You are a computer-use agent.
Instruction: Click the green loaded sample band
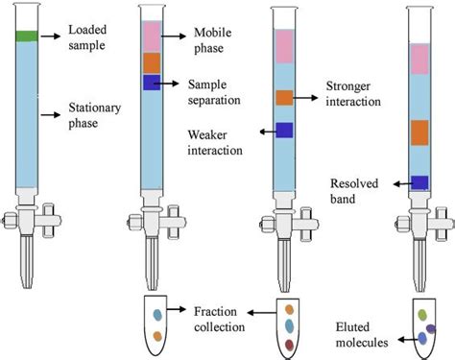click(26, 36)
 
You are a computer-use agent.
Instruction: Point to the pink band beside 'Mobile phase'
click(152, 36)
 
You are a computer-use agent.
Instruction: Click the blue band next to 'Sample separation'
click(152, 83)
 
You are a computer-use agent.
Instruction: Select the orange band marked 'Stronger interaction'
click(284, 97)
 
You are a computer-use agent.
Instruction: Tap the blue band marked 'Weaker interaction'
click(284, 130)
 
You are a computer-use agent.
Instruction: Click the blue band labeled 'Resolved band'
click(419, 182)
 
